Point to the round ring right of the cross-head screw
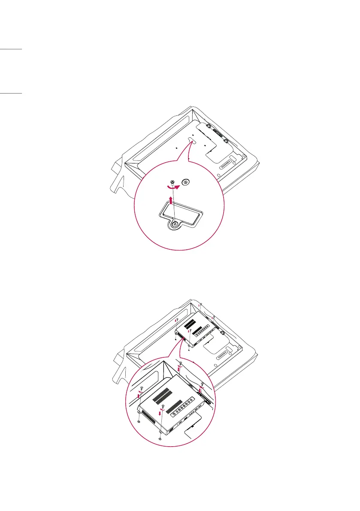pyautogui.click(x=185, y=182)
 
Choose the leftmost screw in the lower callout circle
pyautogui.click(x=141, y=389)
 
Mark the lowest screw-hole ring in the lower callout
pyautogui.click(x=160, y=439)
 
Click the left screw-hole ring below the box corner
pyautogui.click(x=138, y=422)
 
